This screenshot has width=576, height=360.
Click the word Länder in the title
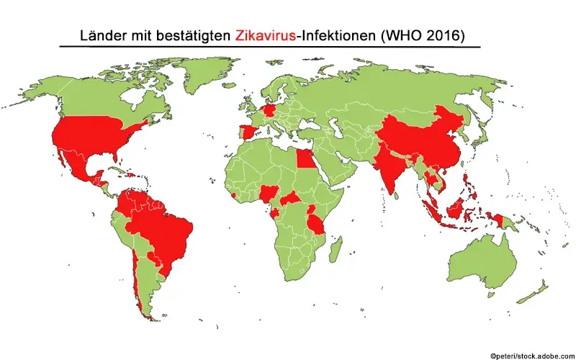[x=101, y=35]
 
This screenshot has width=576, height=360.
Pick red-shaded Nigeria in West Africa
[x=270, y=193]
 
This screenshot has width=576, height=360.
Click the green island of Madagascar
[x=335, y=251]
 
